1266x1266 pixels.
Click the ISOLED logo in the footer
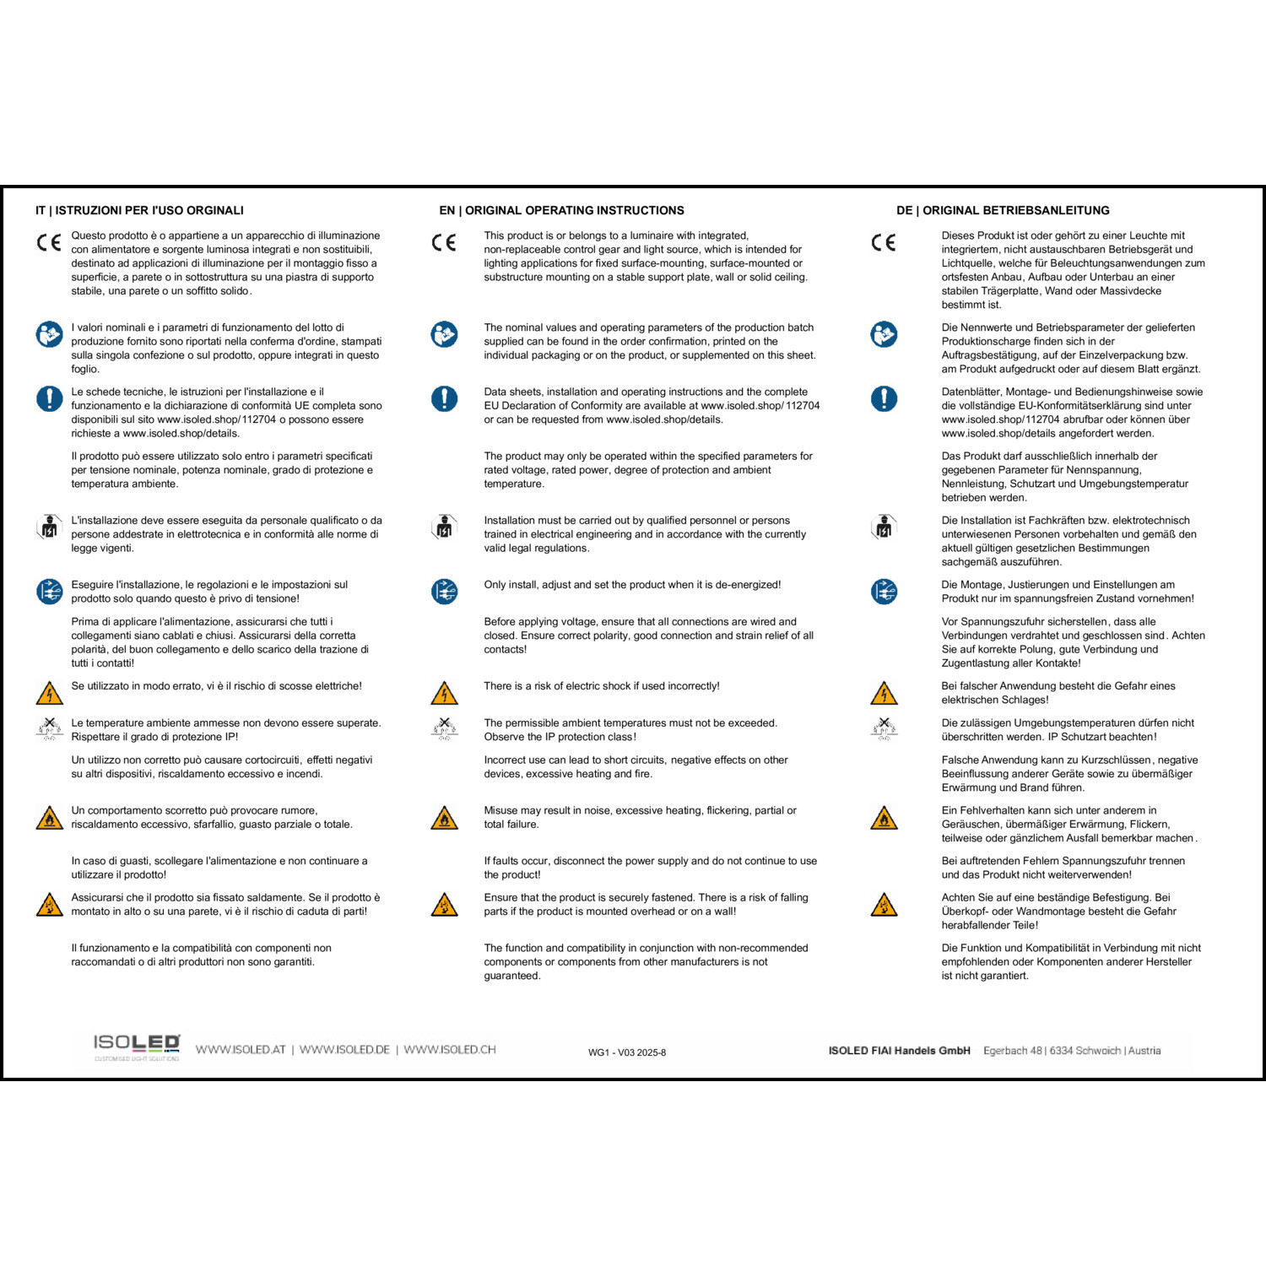click(137, 1046)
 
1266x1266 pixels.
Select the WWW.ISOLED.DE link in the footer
click(344, 1050)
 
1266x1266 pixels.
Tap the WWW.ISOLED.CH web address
click(450, 1050)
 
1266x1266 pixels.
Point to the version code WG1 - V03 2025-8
click(627, 1052)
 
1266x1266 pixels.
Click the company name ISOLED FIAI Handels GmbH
click(899, 1051)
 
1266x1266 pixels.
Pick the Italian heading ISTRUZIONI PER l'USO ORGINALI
click(149, 210)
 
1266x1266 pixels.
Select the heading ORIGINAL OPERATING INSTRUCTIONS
click(575, 210)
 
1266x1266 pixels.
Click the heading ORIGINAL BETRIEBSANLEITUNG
click(1016, 210)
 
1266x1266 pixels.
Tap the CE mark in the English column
click(444, 243)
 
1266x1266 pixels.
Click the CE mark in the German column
click(884, 243)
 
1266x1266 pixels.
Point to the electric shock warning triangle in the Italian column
click(50, 694)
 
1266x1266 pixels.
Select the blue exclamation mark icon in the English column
click(444, 398)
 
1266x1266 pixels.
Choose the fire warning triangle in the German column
click(884, 818)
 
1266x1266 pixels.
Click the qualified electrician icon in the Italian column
click(50, 527)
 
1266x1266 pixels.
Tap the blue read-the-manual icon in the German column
click(884, 334)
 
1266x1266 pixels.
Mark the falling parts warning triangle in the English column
click(444, 905)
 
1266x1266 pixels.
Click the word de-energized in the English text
click(747, 585)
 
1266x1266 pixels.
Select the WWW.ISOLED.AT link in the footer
click(241, 1050)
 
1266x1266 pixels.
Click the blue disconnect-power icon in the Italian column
click(50, 592)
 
